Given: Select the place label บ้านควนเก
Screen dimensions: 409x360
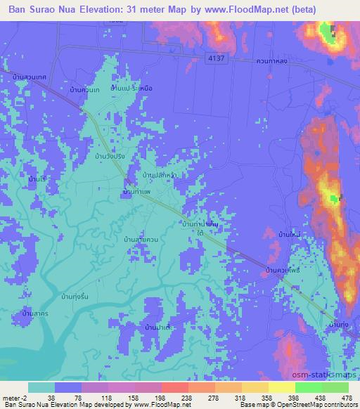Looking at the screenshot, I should click(x=87, y=90).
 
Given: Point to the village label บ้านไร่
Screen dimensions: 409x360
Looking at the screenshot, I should click(x=37, y=181).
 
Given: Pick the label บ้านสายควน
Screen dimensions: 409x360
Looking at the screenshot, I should click(x=137, y=240).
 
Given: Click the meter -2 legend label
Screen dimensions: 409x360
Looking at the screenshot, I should click(x=14, y=398).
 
